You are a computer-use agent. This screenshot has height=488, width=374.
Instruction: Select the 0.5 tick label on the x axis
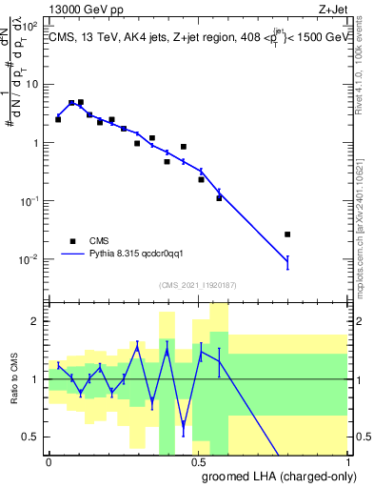click(199, 462)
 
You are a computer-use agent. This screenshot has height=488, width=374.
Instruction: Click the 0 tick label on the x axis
click(49, 462)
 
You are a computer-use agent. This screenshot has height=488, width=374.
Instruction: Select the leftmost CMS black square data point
click(58, 119)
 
